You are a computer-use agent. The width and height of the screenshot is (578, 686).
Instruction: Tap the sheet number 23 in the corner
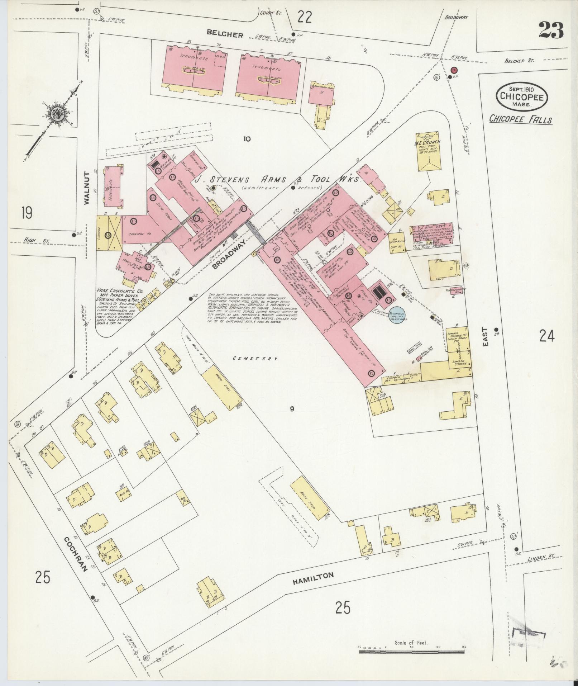(x=551, y=30)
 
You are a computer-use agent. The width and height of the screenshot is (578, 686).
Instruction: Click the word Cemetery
(x=255, y=358)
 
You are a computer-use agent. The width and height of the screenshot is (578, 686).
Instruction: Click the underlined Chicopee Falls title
(x=521, y=119)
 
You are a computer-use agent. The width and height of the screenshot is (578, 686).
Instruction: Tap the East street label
(x=484, y=336)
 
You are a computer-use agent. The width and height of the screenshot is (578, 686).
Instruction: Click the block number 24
(x=547, y=336)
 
